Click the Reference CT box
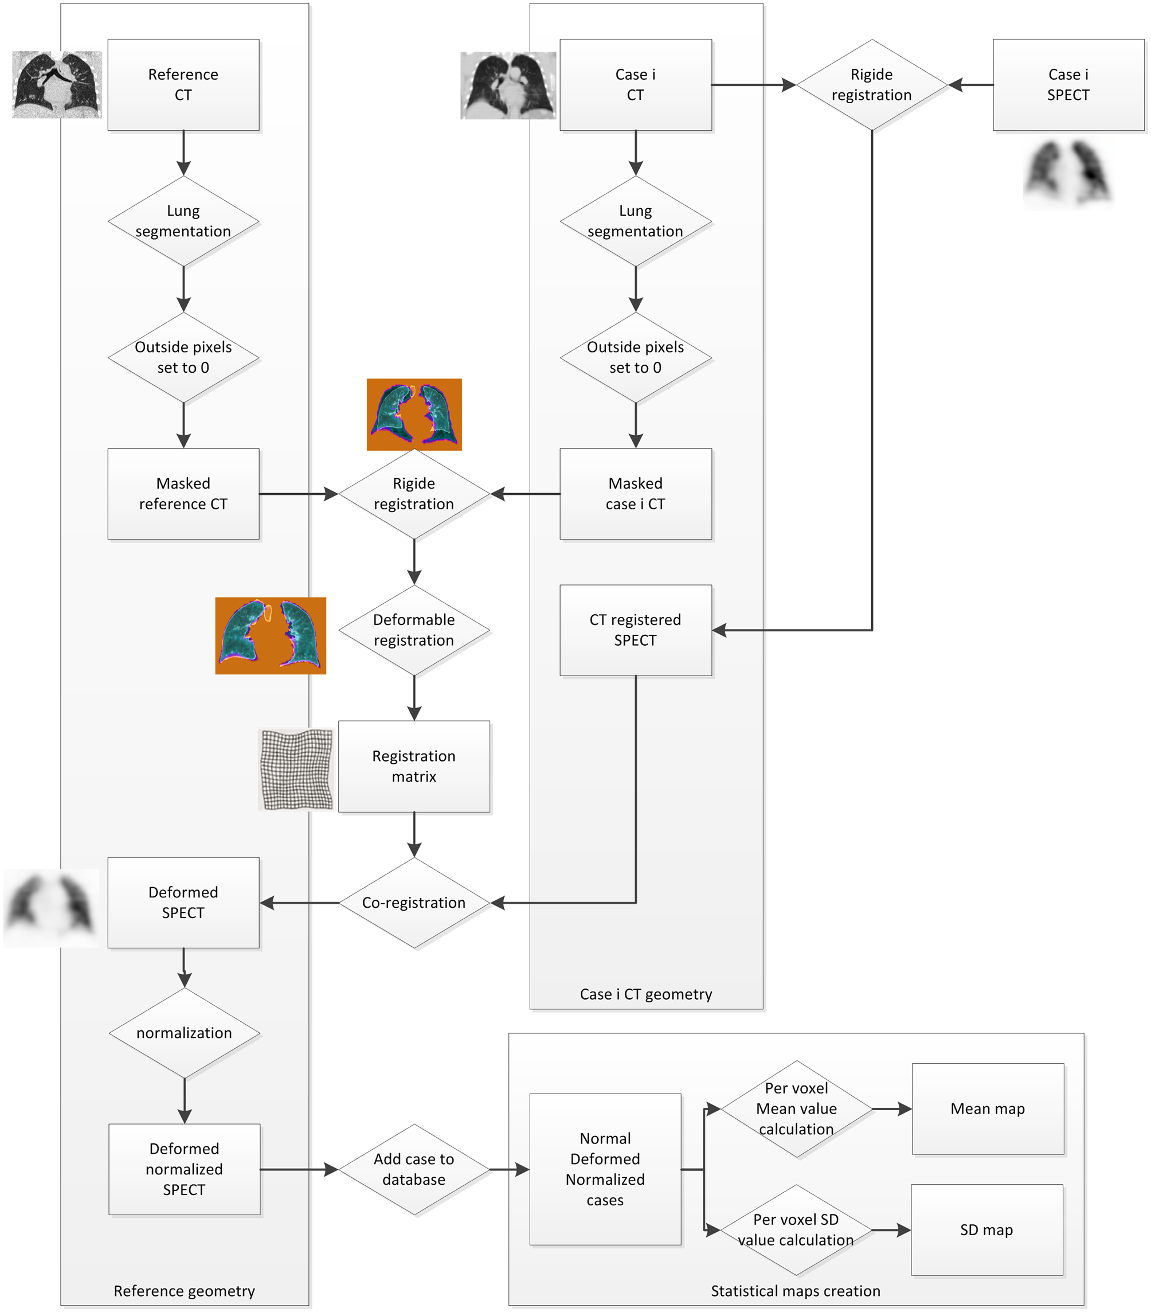[x=183, y=85]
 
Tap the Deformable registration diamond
[x=414, y=630]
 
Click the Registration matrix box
[x=414, y=767]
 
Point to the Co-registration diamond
[x=414, y=903]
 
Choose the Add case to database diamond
[x=414, y=1169]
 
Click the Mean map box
[x=988, y=1108]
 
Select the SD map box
[x=986, y=1230]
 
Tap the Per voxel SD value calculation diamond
[x=796, y=1230]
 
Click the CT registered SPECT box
[x=635, y=630]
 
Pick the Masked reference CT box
[x=183, y=494]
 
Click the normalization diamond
[x=184, y=1033]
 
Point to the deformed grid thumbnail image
[x=296, y=769]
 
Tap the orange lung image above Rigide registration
[x=414, y=414]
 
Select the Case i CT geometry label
[x=645, y=994]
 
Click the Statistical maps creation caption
[x=795, y=1291]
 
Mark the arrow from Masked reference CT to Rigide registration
[x=298, y=494]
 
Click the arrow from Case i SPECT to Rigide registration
[x=970, y=85]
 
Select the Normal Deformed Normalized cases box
[x=604, y=1169]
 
